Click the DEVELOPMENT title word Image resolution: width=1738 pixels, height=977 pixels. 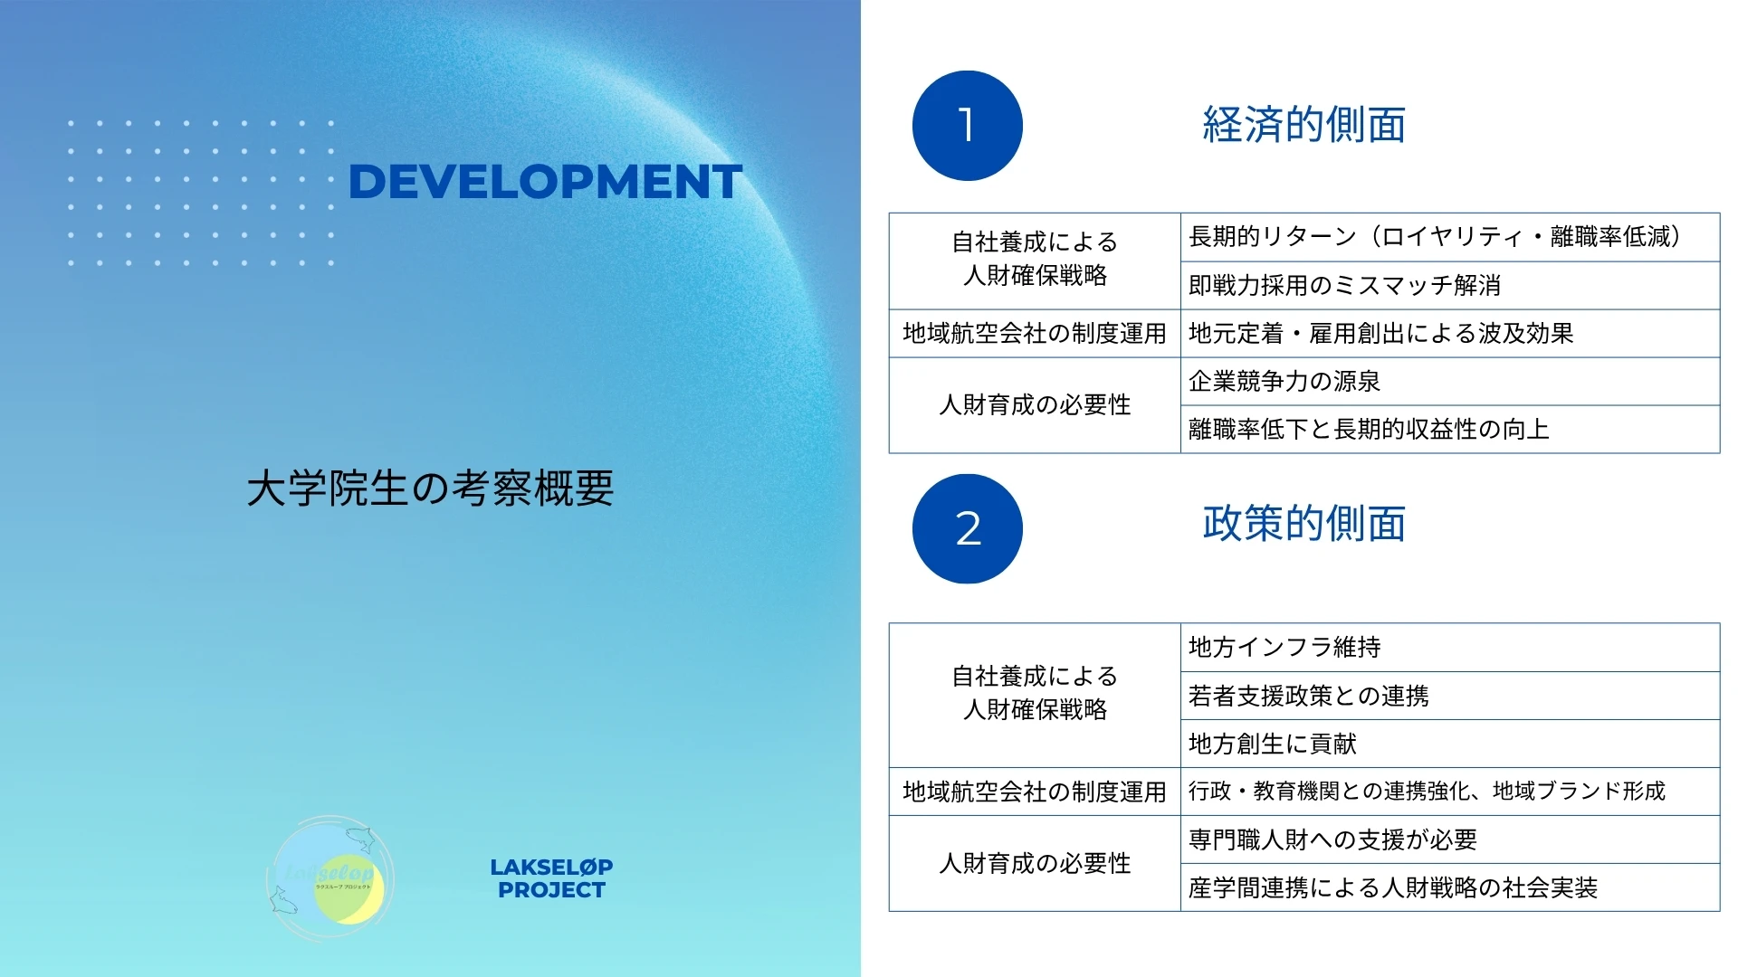545,182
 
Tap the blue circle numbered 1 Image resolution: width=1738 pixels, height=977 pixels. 968,126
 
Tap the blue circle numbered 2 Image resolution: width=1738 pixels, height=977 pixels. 968,528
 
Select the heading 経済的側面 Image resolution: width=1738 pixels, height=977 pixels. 1303,125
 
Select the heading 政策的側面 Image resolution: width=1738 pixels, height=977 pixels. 1303,524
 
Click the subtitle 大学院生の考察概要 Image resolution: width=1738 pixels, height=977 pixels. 431,488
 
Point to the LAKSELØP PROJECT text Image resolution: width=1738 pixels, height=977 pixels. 551,878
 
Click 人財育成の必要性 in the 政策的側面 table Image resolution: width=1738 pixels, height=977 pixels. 1035,864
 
